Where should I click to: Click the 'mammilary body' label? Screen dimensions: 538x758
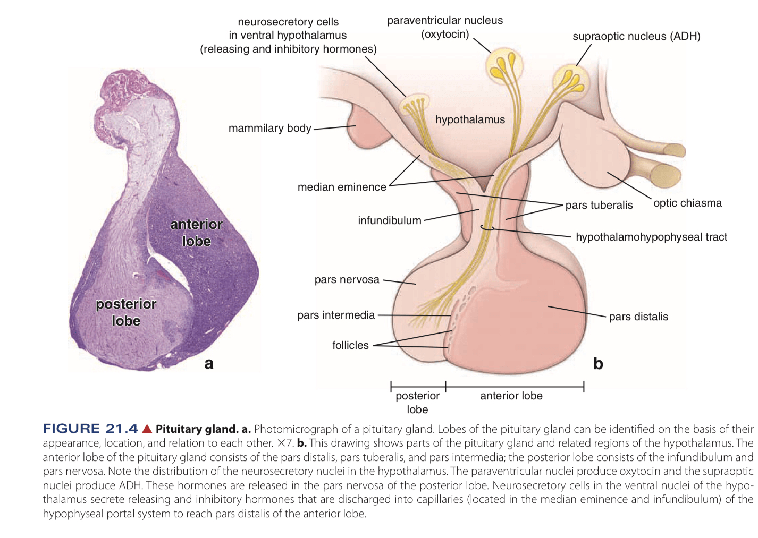pos(269,128)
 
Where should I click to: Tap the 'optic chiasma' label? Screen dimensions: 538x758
pos(687,203)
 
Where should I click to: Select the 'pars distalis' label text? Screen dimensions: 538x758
pos(638,317)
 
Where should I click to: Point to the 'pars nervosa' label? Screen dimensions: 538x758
pos(347,279)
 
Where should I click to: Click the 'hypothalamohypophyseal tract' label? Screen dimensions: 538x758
pos(651,237)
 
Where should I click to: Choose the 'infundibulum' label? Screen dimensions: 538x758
pos(389,220)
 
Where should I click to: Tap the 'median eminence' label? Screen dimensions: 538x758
pos(342,187)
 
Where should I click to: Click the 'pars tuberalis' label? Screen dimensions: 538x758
pos(599,205)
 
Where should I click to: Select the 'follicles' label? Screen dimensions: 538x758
pos(350,345)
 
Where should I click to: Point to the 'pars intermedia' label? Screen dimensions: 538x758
pos(336,315)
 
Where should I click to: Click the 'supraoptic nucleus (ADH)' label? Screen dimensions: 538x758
pos(636,36)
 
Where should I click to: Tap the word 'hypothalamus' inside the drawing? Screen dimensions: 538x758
pos(470,119)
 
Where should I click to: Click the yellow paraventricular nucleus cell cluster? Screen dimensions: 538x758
pos(504,66)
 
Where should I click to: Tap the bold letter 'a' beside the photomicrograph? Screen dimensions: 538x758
pos(209,363)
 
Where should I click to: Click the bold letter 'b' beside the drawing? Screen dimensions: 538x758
pos(598,364)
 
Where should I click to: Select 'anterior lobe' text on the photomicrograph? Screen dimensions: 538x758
pos(196,233)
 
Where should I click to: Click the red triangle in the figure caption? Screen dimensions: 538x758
pos(147,429)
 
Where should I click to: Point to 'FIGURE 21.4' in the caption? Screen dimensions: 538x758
pos(90,429)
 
